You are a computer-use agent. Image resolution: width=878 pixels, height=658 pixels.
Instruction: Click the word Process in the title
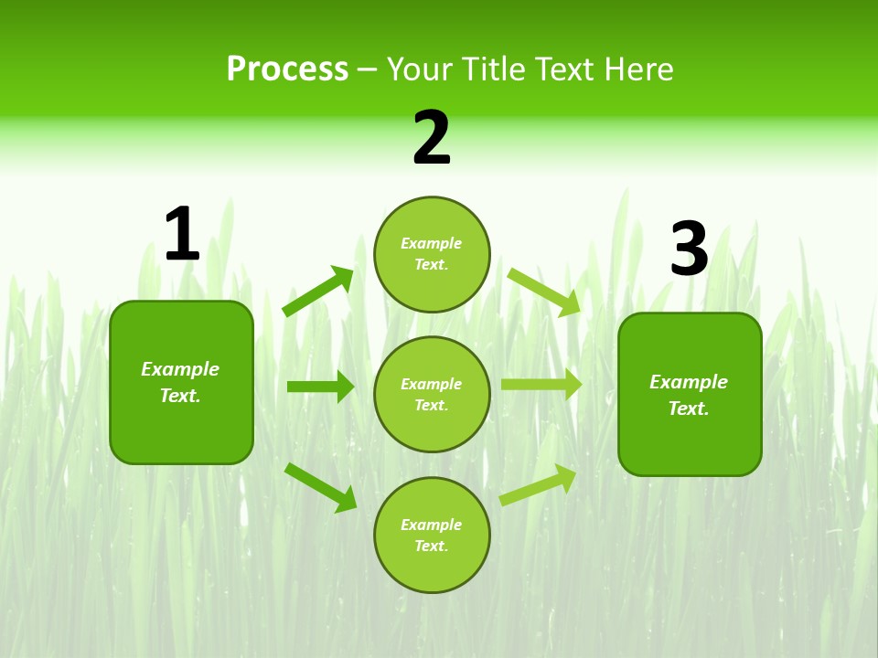click(x=287, y=69)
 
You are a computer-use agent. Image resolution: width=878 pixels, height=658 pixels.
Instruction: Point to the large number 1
click(x=182, y=234)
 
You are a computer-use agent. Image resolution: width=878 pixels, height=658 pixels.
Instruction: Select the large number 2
click(x=432, y=138)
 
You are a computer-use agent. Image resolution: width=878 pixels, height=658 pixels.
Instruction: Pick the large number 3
click(x=689, y=249)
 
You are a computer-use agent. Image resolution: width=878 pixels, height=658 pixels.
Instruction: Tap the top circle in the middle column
click(x=432, y=254)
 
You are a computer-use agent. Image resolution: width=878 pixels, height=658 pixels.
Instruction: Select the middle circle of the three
click(x=432, y=394)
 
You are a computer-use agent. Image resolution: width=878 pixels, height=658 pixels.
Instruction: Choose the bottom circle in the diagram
click(x=432, y=535)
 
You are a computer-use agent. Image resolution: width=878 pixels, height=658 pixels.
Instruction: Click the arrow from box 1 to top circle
click(x=318, y=291)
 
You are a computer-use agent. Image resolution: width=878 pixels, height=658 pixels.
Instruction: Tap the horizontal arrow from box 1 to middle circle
click(x=320, y=387)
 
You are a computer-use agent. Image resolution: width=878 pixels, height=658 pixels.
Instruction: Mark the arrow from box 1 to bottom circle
click(x=321, y=487)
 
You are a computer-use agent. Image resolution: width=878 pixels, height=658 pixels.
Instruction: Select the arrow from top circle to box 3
click(x=544, y=292)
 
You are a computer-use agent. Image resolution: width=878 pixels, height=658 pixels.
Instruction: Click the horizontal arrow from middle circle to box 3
click(x=541, y=385)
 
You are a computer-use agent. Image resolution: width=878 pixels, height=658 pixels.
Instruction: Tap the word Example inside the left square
click(x=180, y=369)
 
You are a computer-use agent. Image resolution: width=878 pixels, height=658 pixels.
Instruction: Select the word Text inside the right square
click(x=688, y=409)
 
